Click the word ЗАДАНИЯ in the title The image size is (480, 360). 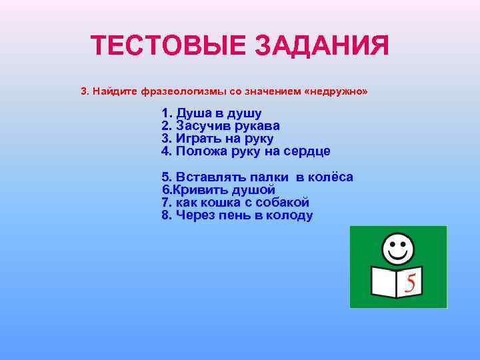(321, 47)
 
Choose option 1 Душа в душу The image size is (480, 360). (211, 113)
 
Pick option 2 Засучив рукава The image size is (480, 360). (220, 126)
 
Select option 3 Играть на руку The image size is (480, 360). (217, 139)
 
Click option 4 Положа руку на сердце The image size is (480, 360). (245, 151)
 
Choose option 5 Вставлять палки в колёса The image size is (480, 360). (257, 177)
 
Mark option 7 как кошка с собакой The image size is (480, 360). (235, 203)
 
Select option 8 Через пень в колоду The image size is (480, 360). (237, 215)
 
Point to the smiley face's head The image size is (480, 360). (398, 249)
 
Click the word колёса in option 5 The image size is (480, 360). (329, 177)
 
